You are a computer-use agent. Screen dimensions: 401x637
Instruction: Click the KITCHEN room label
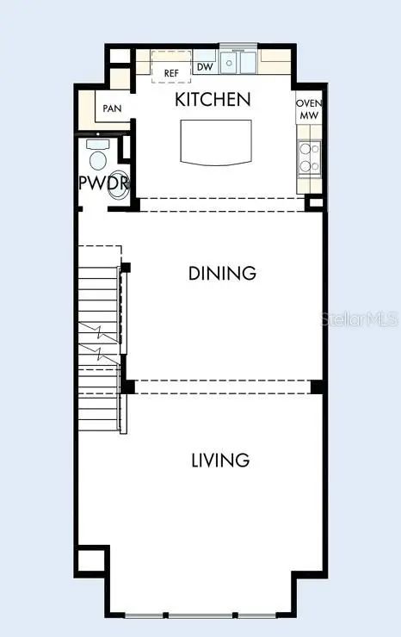213,100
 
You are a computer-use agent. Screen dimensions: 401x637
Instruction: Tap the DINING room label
222,273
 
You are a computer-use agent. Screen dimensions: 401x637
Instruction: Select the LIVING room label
220,460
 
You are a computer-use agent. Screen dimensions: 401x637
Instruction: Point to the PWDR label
104,183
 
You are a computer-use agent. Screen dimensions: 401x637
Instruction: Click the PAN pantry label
112,108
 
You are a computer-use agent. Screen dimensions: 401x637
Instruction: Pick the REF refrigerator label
171,73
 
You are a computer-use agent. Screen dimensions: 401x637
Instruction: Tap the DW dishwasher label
205,66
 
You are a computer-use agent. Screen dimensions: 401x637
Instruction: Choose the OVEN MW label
309,109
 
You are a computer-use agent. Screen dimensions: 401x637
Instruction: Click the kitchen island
216,143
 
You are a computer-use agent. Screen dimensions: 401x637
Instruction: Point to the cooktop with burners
310,158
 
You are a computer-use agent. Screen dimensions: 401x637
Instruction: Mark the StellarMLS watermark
359,318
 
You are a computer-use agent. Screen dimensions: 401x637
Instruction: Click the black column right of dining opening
317,387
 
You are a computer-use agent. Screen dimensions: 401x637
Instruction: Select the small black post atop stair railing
126,268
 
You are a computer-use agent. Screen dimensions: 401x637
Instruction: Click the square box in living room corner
91,561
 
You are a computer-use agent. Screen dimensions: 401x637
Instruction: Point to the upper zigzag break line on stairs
99,331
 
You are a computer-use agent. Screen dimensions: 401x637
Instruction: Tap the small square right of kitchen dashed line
315,202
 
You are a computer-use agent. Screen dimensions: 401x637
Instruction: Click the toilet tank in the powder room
98,144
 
